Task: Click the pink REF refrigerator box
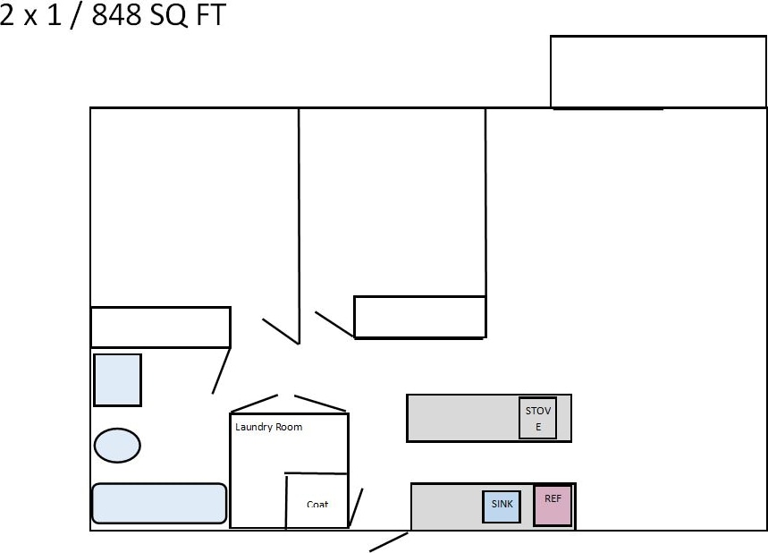pyautogui.click(x=553, y=506)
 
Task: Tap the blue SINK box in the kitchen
pyautogui.click(x=502, y=506)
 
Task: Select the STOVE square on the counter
pyautogui.click(x=538, y=418)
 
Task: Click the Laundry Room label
pyautogui.click(x=268, y=427)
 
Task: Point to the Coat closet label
pyautogui.click(x=317, y=504)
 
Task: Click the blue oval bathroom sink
pyautogui.click(x=117, y=445)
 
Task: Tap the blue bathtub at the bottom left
pyautogui.click(x=158, y=503)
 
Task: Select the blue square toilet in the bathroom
pyautogui.click(x=117, y=379)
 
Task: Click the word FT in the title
pyautogui.click(x=210, y=15)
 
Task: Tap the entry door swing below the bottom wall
pyautogui.click(x=389, y=542)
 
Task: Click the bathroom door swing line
pyautogui.click(x=221, y=370)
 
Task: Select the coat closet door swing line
pyautogui.click(x=356, y=507)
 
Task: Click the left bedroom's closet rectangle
pyautogui.click(x=160, y=327)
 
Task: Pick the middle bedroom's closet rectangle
pyautogui.click(x=419, y=317)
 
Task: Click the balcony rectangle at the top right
pyautogui.click(x=657, y=72)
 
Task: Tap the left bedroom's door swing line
pyautogui.click(x=279, y=330)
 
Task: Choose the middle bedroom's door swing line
pyautogui.click(x=334, y=324)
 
